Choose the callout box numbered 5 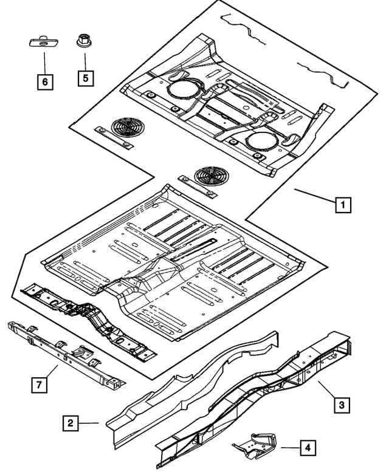click(85, 78)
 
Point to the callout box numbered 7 click(39, 385)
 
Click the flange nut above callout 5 click(83, 42)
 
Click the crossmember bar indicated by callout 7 click(67, 355)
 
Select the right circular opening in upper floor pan click(263, 140)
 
